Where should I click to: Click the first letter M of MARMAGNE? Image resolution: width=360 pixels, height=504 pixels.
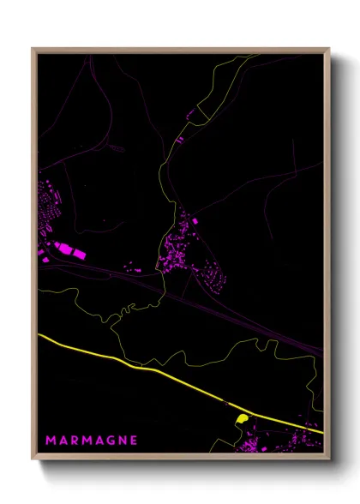[50, 441]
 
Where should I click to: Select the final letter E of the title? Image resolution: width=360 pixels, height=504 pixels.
[133, 441]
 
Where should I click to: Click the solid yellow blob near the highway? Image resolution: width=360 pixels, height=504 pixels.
[242, 418]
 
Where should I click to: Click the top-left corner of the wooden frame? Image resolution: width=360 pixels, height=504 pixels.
[33, 50]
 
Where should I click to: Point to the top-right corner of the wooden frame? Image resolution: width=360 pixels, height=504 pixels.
[328, 50]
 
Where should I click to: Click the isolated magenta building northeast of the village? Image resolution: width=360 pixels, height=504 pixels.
[195, 221]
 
